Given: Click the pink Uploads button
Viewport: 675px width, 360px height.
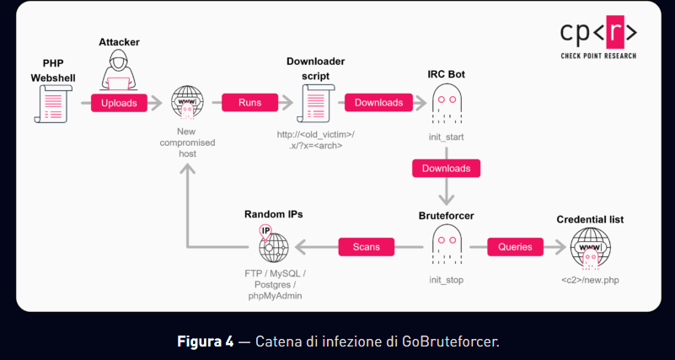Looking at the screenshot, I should point(119,102).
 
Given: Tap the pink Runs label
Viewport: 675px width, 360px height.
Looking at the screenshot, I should point(249,102).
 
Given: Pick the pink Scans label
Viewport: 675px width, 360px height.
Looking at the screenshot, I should point(367,246).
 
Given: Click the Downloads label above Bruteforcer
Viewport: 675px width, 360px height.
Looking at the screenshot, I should point(446,168).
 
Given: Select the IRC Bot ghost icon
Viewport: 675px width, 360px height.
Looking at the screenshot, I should point(447,105).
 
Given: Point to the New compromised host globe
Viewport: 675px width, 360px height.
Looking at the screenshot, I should point(186,104).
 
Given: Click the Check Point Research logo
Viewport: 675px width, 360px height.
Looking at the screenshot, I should point(598,39).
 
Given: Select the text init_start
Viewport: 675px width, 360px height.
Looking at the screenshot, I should point(447,136).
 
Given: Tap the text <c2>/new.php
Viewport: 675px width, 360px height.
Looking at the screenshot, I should point(590,279).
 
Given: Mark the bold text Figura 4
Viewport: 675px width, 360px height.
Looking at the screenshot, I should point(205,341).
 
